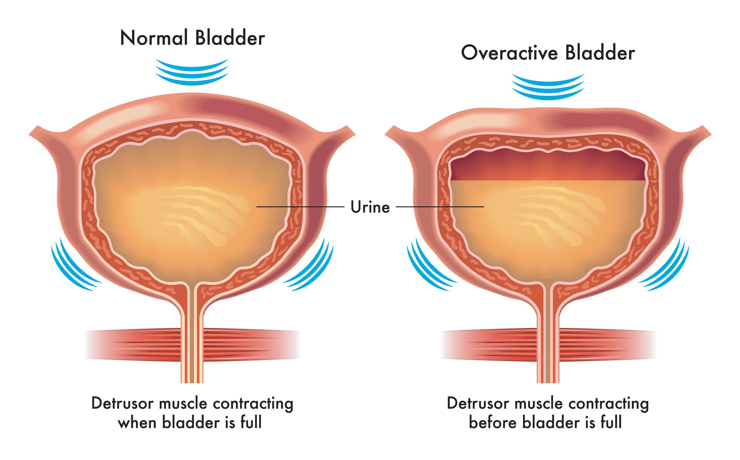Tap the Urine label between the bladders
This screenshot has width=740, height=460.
click(x=370, y=207)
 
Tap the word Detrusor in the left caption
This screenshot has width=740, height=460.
click(x=123, y=404)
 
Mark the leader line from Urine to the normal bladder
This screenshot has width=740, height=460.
click(x=300, y=207)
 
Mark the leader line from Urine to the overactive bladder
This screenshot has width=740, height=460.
click(x=440, y=207)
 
